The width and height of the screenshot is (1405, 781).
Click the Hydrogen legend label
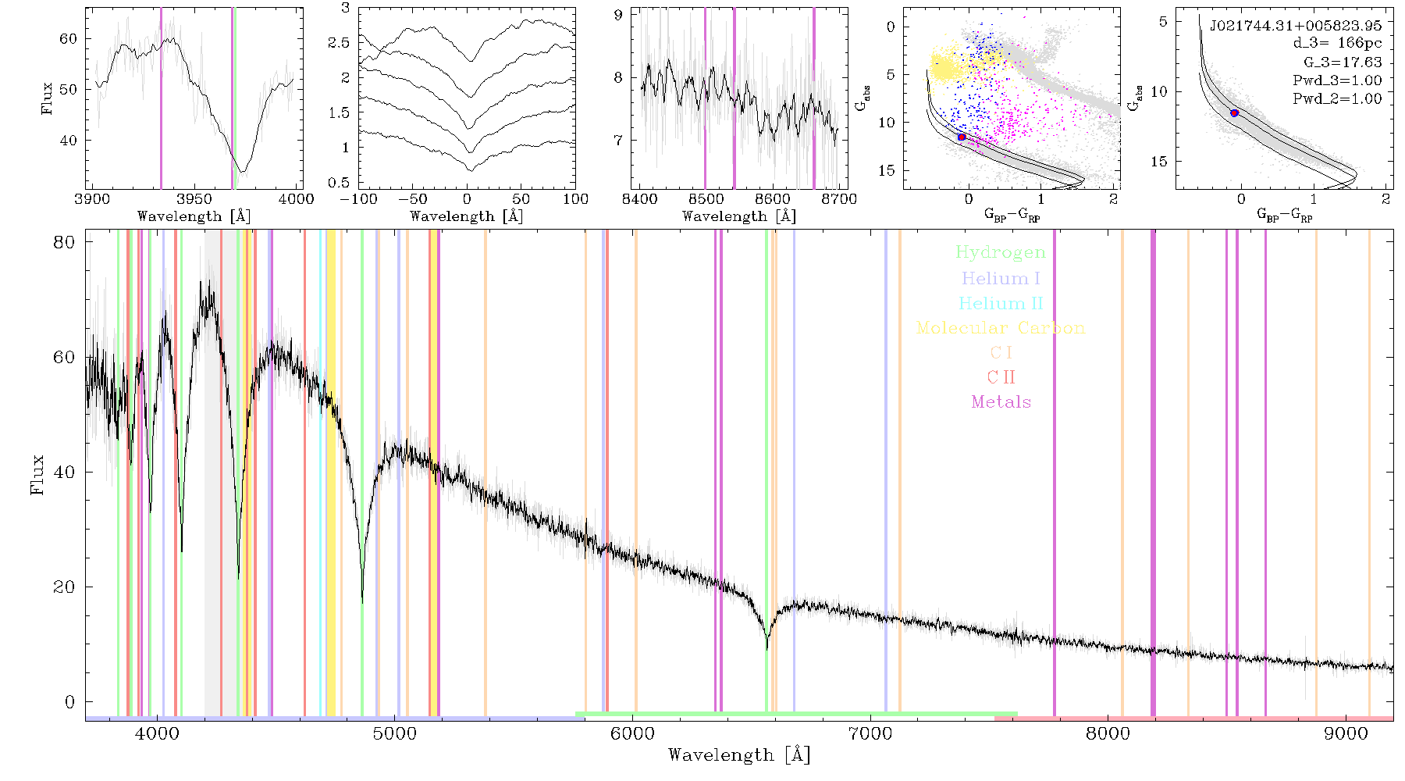1000,252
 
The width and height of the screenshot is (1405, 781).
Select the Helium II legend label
1001,303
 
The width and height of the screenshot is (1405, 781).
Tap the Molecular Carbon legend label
1001,328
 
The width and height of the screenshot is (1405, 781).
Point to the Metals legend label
1001,402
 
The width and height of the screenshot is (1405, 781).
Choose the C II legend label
1001,377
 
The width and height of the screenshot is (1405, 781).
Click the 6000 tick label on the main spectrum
632,734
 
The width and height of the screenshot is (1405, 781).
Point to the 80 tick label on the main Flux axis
64,242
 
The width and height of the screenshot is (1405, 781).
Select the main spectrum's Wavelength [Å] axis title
739,755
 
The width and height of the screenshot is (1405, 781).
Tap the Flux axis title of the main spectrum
37,475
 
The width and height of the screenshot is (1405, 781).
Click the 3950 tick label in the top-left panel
194,199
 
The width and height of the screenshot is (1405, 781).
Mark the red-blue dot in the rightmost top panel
1234,113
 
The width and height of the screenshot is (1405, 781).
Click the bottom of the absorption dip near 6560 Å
767,647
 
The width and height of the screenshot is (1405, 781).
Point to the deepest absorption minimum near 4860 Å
362,601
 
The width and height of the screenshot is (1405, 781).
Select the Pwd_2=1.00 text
1337,99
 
